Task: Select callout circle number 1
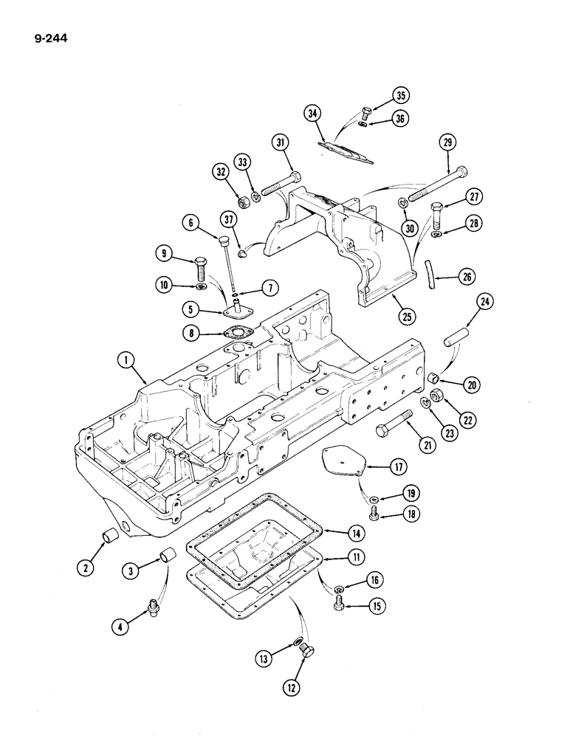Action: pos(128,362)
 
